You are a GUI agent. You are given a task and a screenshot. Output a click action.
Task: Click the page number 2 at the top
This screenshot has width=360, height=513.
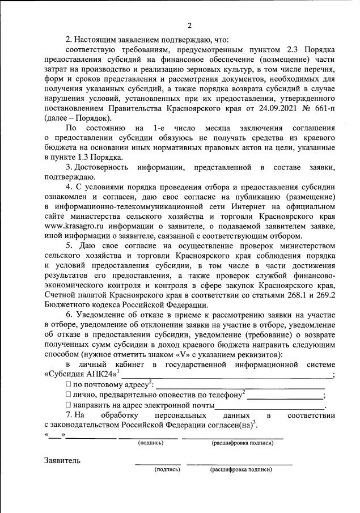coord(189,25)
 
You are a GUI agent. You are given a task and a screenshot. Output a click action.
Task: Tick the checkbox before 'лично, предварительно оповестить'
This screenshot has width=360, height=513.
coord(69,395)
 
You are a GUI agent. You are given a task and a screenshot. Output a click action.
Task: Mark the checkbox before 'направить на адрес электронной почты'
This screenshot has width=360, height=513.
coord(69,405)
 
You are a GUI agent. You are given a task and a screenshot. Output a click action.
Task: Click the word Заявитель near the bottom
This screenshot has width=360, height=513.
coord(62,460)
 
